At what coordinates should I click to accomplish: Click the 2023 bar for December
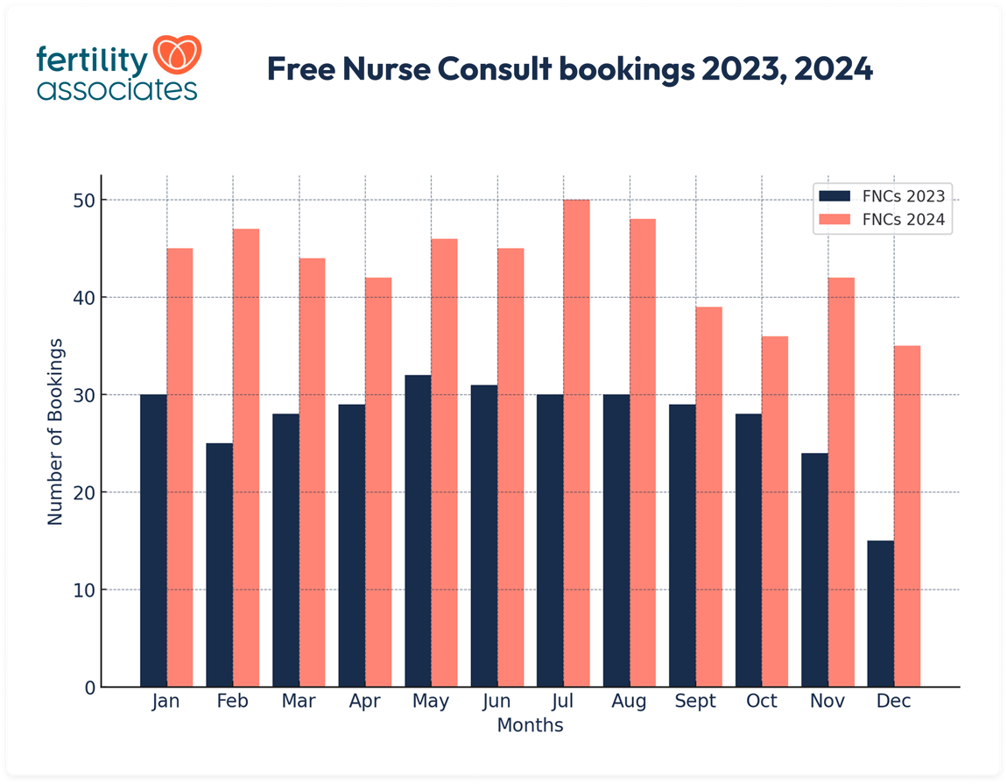tap(880, 613)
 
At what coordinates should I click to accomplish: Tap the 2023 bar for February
tap(219, 565)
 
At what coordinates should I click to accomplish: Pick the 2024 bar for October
tap(775, 512)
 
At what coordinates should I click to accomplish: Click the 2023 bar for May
tap(418, 531)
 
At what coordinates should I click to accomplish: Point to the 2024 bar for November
tap(841, 482)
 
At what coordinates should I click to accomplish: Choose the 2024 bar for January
tap(180, 468)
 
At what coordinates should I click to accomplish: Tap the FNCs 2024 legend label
tap(904, 220)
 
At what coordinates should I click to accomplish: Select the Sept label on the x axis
tap(695, 702)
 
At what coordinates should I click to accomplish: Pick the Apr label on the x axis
tap(364, 702)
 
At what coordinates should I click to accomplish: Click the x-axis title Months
tap(530, 725)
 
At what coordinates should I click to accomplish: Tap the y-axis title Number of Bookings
tap(56, 431)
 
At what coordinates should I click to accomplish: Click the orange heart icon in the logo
tap(178, 54)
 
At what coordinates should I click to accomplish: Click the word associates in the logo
tap(116, 89)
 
